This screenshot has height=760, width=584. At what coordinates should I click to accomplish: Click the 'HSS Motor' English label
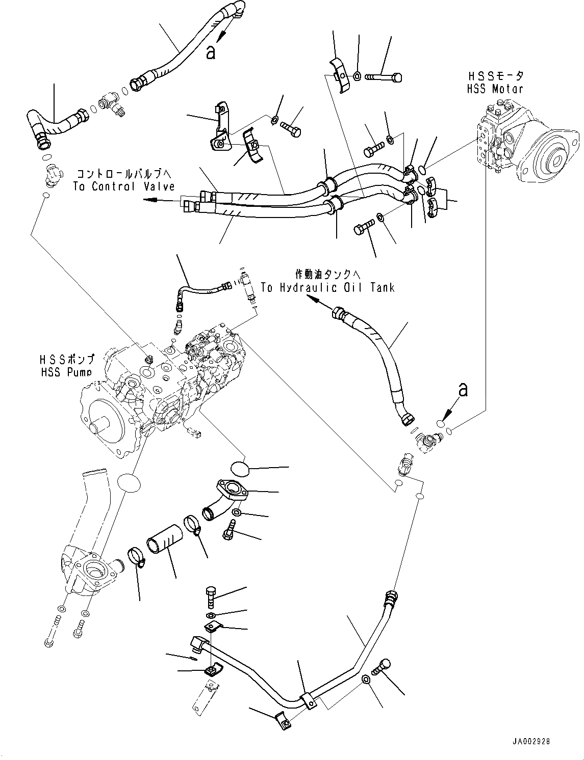495,89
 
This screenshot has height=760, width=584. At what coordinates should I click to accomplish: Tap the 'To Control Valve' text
124,186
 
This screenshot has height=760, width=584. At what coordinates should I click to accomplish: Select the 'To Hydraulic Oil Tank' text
327,288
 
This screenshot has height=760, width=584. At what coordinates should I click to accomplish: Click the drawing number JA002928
532,742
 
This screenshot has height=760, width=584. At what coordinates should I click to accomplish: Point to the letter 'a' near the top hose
210,52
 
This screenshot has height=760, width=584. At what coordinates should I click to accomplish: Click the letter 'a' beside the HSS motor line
463,389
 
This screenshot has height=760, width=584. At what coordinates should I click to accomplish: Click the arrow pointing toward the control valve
150,200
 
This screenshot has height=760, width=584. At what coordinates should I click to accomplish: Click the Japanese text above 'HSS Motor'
495,76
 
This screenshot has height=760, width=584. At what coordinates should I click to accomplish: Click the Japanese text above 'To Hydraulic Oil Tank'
327,274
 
